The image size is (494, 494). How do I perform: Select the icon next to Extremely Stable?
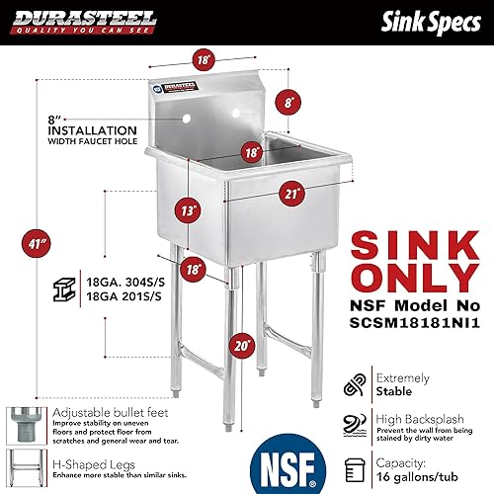pos(354,382)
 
